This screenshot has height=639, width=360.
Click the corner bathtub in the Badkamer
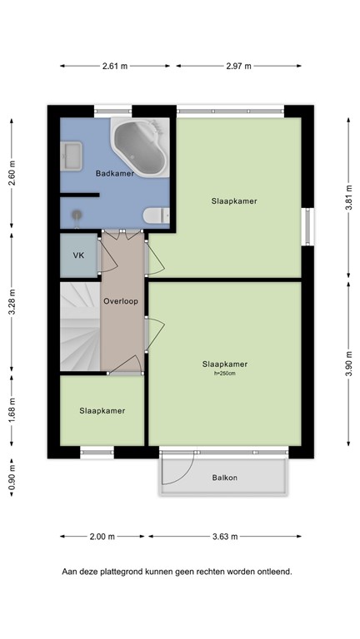[x=144, y=147]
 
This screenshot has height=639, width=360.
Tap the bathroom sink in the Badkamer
[x=72, y=155]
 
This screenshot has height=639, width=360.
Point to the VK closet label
[x=79, y=255]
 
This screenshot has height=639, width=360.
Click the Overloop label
[x=122, y=300]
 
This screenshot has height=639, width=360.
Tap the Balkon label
[x=225, y=478]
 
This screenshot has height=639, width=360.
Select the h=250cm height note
[x=225, y=374]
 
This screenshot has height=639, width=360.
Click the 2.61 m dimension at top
[x=115, y=65]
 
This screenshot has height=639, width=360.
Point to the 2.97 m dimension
[x=238, y=65]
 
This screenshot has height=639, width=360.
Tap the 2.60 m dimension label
[x=12, y=174]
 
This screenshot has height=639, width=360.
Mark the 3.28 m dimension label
[x=12, y=304]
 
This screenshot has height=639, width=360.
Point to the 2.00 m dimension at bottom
[x=102, y=537]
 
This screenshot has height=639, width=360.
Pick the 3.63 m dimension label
[x=225, y=537]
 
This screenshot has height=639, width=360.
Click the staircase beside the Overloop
[x=80, y=328]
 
